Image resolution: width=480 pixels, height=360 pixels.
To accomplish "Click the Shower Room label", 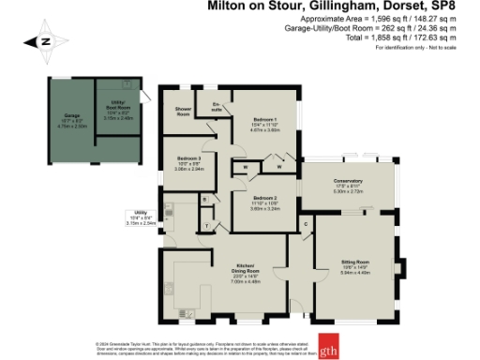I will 182,112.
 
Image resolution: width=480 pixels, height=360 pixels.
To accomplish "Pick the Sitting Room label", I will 353,266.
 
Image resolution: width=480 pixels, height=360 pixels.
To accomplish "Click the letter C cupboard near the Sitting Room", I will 306,224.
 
